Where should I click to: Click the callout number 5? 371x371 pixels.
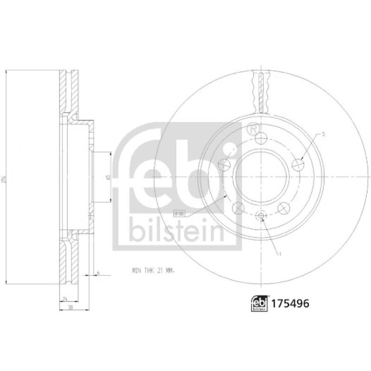[x=324, y=134]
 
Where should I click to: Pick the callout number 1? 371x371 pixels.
[x=280, y=254]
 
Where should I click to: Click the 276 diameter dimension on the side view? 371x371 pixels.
[x=5, y=177]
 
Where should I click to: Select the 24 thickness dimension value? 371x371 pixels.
[x=65, y=298]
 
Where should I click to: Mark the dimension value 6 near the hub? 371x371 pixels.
[x=98, y=273]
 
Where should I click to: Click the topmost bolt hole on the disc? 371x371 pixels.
[x=261, y=137]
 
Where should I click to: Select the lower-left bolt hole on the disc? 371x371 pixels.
[x=238, y=207]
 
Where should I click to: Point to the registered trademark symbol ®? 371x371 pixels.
[x=253, y=128]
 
